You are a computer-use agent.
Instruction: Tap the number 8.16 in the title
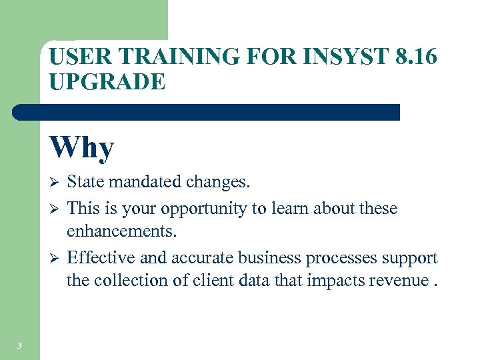coord(416,57)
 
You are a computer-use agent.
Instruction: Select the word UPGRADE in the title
coord(107,81)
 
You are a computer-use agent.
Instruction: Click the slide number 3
coord(19,345)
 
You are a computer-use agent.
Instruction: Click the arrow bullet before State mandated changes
coord(55,182)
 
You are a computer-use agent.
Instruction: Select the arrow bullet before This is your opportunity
coord(55,209)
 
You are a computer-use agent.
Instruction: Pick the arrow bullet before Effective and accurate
coord(55,258)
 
